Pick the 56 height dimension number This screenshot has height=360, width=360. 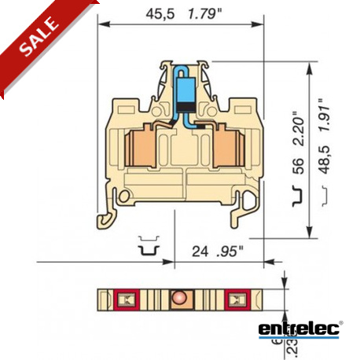pos(297,167)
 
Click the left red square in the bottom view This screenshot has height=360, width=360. pos(124,299)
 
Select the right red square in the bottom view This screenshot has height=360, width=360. pos(234,299)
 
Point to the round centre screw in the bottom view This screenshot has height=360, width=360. pos(179,299)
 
